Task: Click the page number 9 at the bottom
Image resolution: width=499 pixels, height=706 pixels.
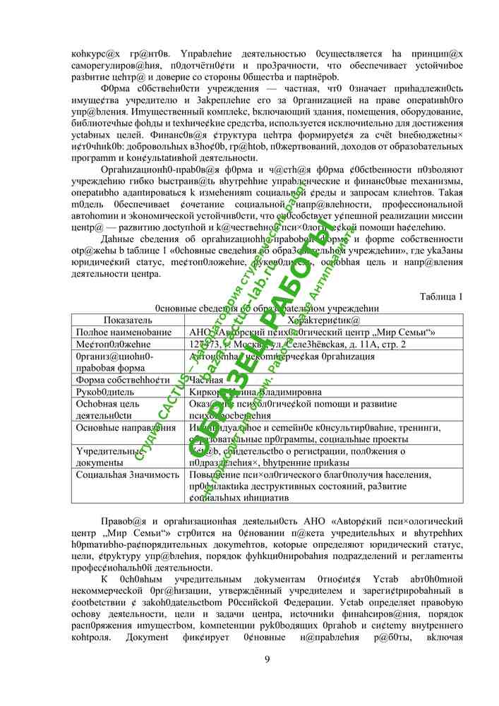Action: pos(267,659)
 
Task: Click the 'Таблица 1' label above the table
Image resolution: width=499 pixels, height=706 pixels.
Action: pos(440,296)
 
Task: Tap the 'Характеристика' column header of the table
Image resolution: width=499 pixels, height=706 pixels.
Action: pos(318,320)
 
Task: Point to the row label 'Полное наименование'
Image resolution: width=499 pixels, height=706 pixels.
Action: pos(124,332)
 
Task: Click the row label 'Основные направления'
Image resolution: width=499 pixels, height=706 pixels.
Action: pos(126,427)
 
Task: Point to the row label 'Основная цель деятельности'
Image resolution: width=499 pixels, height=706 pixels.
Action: pos(109,409)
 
